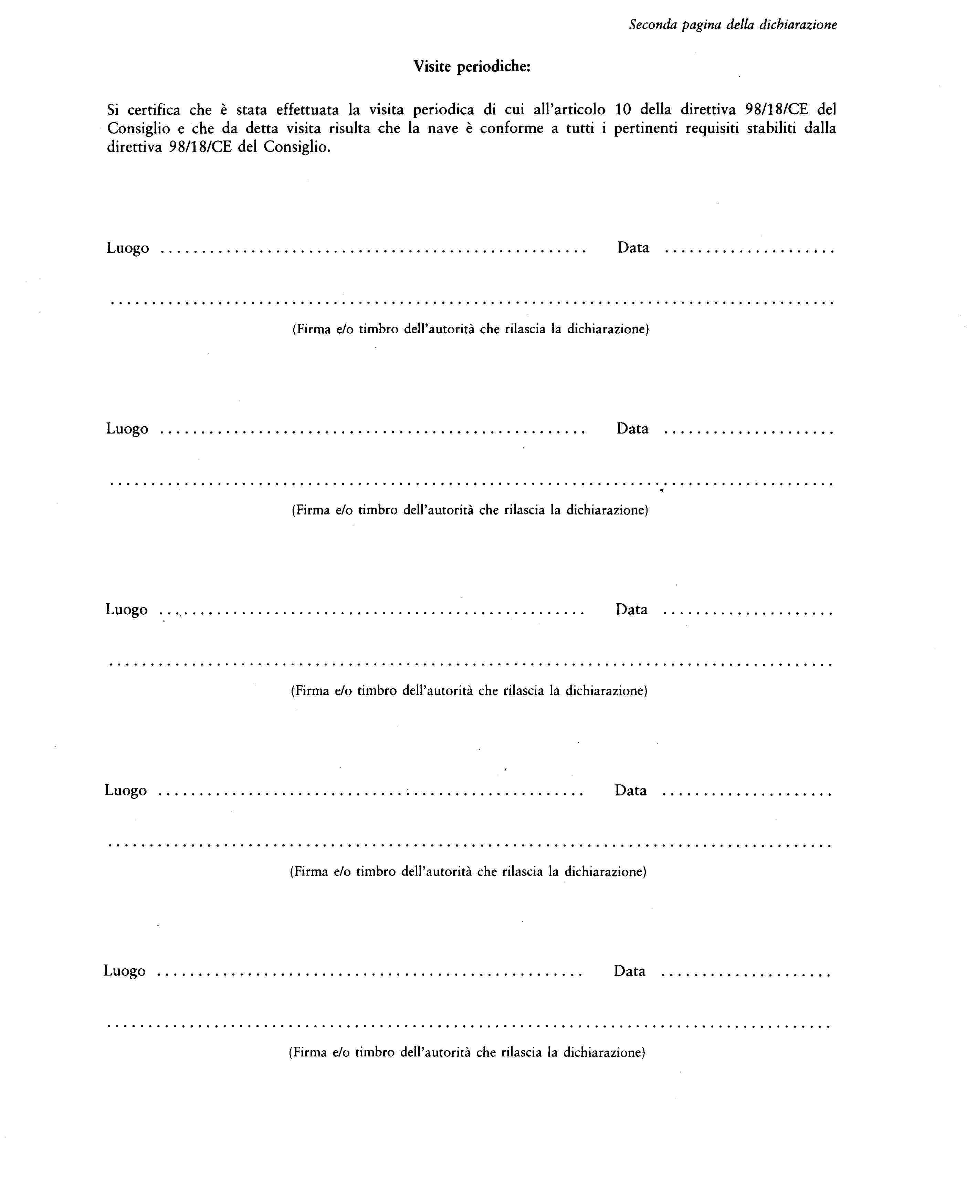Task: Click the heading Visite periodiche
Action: (x=472, y=67)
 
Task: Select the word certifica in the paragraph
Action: (x=154, y=110)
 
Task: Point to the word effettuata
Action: (x=307, y=110)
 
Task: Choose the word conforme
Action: (x=511, y=129)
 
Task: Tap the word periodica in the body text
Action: (x=443, y=110)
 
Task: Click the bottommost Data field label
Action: (x=629, y=971)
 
